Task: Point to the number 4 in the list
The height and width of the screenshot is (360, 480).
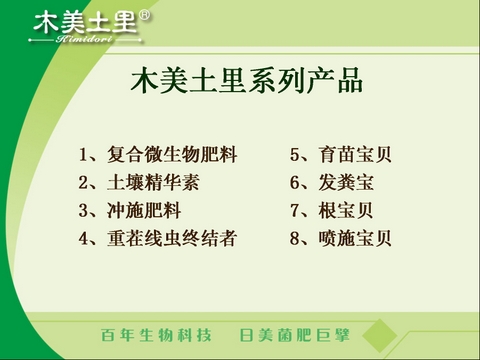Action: click(84, 239)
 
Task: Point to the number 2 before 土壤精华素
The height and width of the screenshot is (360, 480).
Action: click(84, 183)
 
